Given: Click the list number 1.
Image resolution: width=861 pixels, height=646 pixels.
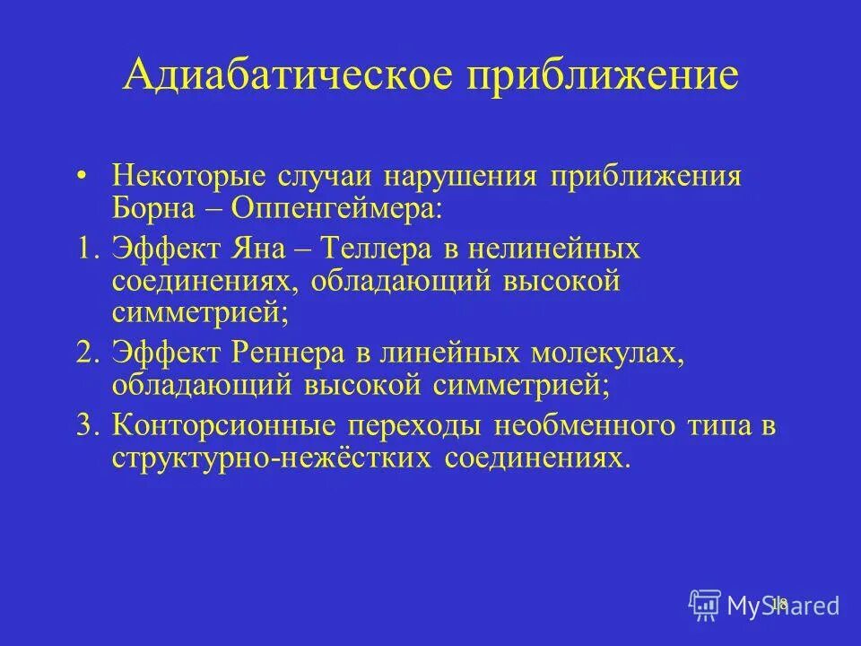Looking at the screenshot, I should [87, 249].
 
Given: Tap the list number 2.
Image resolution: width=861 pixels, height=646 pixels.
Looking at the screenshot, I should [87, 353].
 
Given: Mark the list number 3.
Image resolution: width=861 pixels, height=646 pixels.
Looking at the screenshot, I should [87, 424].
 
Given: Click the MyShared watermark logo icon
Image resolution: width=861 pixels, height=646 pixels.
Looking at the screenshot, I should [705, 604].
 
